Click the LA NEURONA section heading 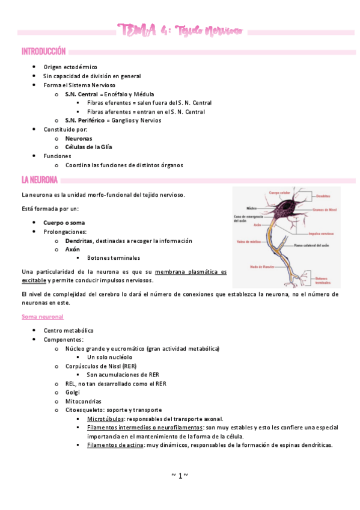[x=40, y=179]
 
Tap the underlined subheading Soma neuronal [x=42, y=316]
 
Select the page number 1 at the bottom [x=179, y=476]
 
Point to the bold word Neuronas [x=79, y=138]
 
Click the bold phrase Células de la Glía [x=88, y=147]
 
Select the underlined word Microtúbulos [x=105, y=419]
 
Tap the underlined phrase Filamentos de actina [x=115, y=445]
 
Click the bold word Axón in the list [x=72, y=249]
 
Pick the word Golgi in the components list [x=72, y=392]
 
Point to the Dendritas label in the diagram [x=322, y=196]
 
